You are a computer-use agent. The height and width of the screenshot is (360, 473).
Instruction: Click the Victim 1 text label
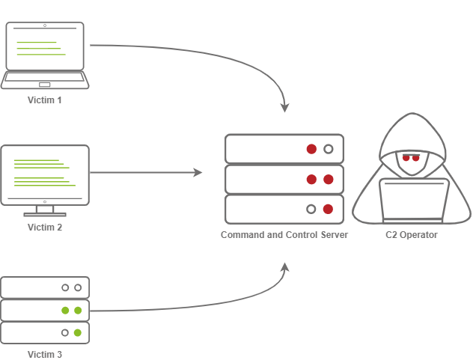point(45,100)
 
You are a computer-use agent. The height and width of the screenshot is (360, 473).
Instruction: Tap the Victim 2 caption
point(45,227)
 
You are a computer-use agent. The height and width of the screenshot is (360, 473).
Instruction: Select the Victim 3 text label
point(45,354)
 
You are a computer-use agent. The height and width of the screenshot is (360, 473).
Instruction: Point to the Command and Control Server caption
point(284,235)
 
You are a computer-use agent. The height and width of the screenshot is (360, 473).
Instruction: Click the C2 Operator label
point(412,235)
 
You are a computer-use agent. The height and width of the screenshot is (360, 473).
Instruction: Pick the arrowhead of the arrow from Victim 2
point(198,173)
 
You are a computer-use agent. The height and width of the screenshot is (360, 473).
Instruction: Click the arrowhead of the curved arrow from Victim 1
point(284,108)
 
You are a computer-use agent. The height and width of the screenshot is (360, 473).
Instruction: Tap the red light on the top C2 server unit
point(311,149)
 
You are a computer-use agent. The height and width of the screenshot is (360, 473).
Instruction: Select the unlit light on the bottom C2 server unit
point(311,209)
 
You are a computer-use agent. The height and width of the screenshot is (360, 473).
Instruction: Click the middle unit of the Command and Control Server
point(284,180)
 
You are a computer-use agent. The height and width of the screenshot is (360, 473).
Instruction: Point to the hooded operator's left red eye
point(406,158)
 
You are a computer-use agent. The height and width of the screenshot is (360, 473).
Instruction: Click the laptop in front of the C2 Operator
point(414,201)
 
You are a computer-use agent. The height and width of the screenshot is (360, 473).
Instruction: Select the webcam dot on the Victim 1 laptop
point(45,25)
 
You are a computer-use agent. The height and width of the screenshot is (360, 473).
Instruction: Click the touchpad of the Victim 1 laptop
point(45,85)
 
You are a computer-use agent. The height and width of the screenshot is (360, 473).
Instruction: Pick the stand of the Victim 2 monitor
point(45,210)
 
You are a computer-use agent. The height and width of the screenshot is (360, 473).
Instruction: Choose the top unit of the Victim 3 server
point(45,287)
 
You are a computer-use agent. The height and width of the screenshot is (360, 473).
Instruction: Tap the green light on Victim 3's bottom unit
point(77,332)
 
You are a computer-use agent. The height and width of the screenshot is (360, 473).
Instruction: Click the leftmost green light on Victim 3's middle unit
point(65,310)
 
